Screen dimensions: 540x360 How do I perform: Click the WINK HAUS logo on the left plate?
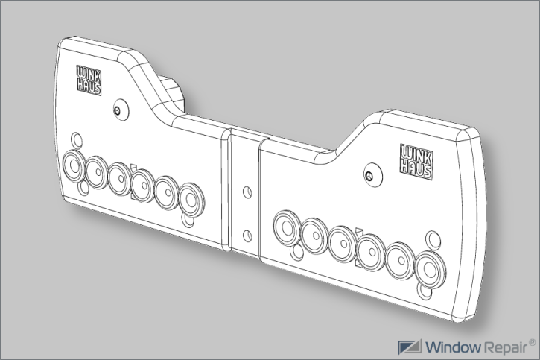point(89,80)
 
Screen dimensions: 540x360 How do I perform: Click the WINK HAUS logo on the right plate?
point(416,162)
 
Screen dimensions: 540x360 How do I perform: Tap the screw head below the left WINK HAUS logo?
point(118,110)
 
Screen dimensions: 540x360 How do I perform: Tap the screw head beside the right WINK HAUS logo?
point(369,176)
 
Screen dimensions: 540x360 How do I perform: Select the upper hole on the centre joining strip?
point(247,192)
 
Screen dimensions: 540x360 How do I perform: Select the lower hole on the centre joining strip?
point(247,236)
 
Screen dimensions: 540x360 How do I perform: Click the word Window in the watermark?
point(453,347)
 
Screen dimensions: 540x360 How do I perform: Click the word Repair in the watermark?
point(506,347)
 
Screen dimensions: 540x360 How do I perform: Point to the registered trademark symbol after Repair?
point(532,342)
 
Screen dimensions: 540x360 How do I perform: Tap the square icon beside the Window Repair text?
point(410,347)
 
